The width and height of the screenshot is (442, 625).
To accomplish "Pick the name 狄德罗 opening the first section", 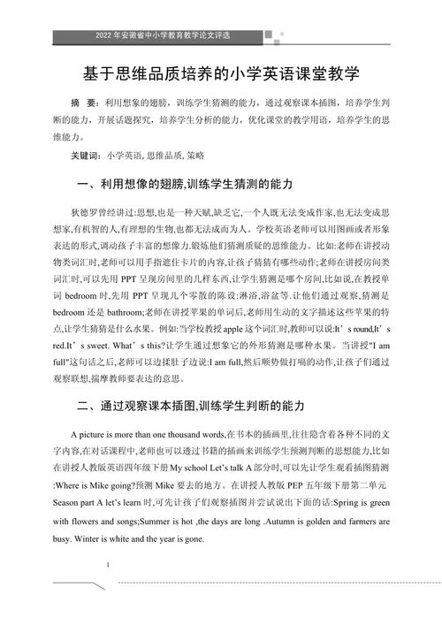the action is coord(82,213).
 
